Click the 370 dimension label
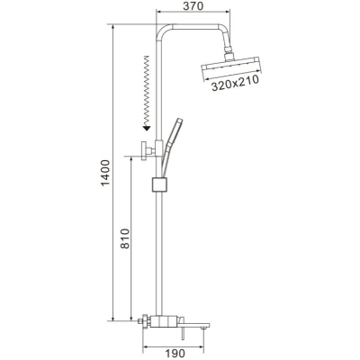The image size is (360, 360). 194,5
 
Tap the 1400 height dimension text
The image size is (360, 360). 105,173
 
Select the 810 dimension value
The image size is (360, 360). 125,238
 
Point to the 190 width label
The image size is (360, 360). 175,353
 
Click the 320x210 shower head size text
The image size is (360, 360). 235,84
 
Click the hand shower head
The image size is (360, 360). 176,131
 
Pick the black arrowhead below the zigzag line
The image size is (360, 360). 147,128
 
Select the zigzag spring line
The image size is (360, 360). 147,91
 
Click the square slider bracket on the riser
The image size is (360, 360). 159,184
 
